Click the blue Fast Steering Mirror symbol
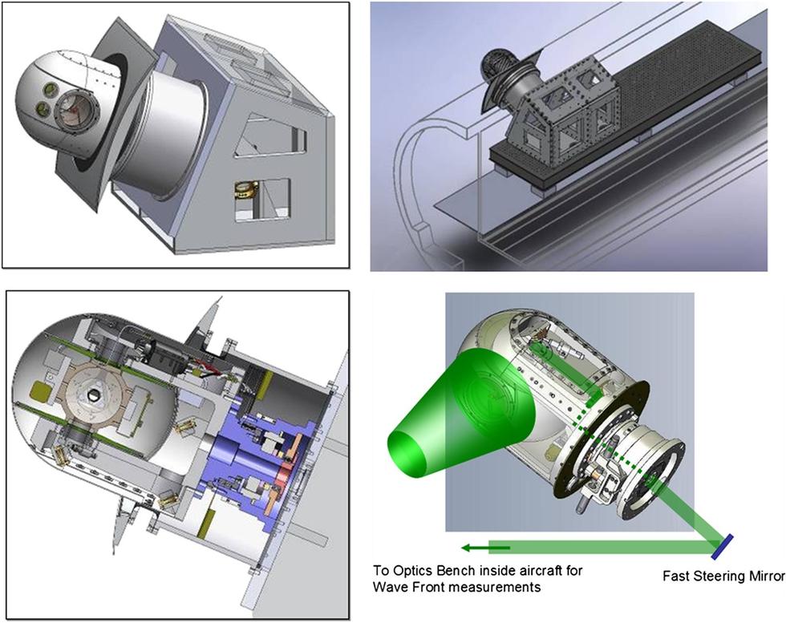pyautogui.click(x=723, y=546)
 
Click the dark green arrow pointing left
pyautogui.click(x=485, y=548)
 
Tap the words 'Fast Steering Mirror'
pyautogui.click(x=723, y=576)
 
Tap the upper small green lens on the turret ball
pyautogui.click(x=50, y=90)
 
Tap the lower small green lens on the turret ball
pyautogui.click(x=42, y=107)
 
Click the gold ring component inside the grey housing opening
pyautogui.click(x=245, y=190)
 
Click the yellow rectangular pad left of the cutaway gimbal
pyautogui.click(x=39, y=392)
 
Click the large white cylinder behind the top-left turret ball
pyautogui.click(x=160, y=136)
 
